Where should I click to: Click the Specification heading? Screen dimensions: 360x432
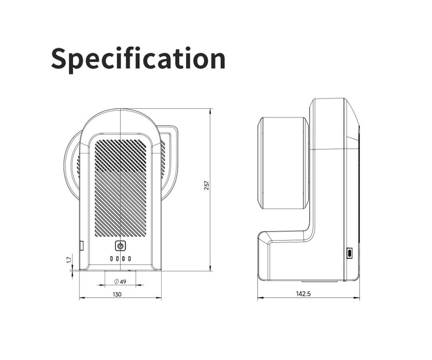pos(138,59)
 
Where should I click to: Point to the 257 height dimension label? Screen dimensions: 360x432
pos(206,185)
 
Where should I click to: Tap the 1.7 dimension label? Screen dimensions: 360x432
pos(69,260)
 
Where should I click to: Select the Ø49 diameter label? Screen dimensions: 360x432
pos(120,282)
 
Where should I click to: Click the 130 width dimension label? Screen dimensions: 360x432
pos(117,294)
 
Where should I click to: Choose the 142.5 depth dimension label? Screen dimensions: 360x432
pos(303,294)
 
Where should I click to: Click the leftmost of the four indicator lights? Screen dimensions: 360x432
pos(112,259)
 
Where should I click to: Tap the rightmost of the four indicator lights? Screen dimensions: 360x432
pos(129,259)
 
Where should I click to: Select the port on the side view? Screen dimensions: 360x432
pos(350,253)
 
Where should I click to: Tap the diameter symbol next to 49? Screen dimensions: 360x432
pos(116,282)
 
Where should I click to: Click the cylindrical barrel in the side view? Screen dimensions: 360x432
pos(283,163)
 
